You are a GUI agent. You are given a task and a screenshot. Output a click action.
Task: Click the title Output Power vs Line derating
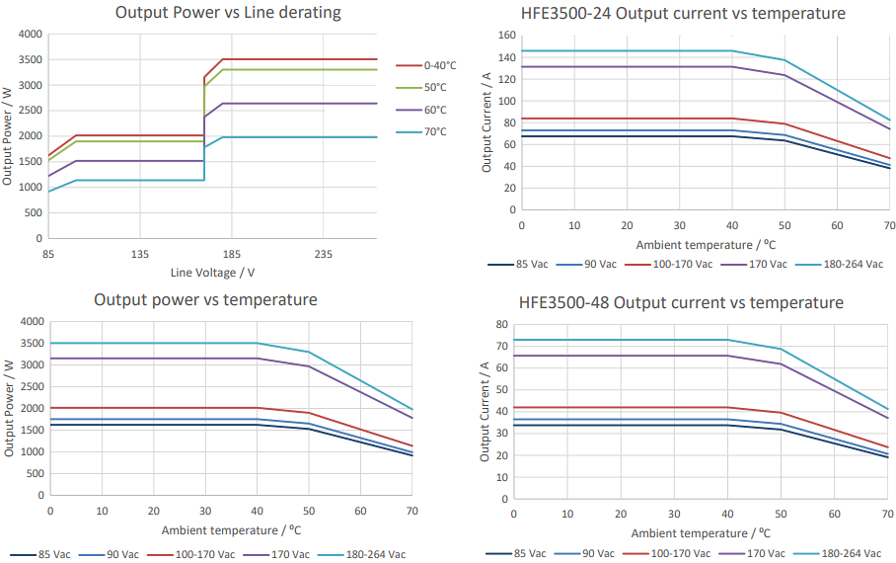click(228, 13)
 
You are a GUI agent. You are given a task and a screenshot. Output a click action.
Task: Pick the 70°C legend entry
click(434, 131)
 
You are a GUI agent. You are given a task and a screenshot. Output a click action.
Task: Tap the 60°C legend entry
click(434, 110)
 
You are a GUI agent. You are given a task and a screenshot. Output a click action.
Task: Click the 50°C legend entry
click(434, 88)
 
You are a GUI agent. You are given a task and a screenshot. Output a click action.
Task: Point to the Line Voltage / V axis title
click(212, 273)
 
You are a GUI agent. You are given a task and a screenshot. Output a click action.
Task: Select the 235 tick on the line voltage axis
click(324, 254)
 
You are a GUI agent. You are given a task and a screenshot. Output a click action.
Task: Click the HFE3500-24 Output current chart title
click(682, 13)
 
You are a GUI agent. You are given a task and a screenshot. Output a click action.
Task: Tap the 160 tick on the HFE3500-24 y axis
click(506, 36)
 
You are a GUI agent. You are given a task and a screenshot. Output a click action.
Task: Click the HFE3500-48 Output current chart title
click(681, 302)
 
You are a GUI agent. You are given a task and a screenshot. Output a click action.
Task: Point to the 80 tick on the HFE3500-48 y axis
click(501, 324)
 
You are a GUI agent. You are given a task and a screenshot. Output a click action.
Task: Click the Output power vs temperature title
click(205, 299)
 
